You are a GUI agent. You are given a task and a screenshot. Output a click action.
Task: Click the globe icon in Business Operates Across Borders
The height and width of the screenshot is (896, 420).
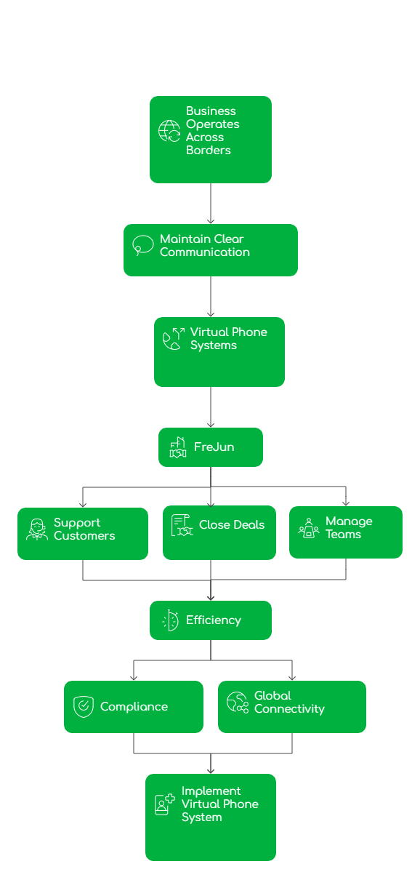pyautogui.click(x=169, y=131)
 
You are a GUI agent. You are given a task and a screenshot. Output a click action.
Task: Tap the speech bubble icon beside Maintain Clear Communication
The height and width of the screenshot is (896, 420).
pyautogui.click(x=142, y=245)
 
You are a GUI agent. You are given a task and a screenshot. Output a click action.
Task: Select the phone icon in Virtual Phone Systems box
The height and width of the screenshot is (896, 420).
pyautogui.click(x=173, y=339)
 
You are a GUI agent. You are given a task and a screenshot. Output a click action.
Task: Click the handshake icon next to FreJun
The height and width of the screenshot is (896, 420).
pyautogui.click(x=177, y=447)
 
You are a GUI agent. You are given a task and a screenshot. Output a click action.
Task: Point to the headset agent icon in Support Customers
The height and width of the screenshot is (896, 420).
pyautogui.click(x=36, y=529)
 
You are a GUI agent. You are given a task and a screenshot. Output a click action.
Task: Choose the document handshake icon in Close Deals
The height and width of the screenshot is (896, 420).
pyautogui.click(x=182, y=525)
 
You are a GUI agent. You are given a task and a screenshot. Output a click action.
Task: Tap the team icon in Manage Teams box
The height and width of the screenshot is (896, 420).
pyautogui.click(x=309, y=528)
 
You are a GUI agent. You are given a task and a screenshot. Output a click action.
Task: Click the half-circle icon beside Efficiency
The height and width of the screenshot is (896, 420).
pyautogui.click(x=170, y=620)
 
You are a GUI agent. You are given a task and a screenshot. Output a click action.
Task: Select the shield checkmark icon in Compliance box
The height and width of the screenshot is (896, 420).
pyautogui.click(x=84, y=707)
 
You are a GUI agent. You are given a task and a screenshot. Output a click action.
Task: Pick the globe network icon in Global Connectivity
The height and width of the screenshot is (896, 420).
pyautogui.click(x=237, y=703)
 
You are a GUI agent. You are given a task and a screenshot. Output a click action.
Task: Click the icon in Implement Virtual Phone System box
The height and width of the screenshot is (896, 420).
pyautogui.click(x=164, y=804)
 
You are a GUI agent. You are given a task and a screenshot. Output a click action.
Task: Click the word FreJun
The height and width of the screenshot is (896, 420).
pyautogui.click(x=214, y=447)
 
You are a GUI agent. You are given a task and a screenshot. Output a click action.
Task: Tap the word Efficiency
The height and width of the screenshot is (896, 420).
pyautogui.click(x=213, y=620)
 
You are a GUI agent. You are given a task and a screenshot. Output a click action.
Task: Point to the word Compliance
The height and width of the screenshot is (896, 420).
pyautogui.click(x=134, y=707)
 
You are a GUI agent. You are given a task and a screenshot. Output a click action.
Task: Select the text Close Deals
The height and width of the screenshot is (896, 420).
pyautogui.click(x=232, y=525)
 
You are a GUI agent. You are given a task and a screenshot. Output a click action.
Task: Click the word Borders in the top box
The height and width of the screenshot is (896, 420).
pyautogui.click(x=208, y=151)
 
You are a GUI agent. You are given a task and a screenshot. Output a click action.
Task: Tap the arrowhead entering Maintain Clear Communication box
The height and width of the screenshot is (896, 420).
pyautogui.click(x=211, y=220)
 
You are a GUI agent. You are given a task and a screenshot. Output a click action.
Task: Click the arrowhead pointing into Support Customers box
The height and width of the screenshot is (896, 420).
pyautogui.click(x=83, y=503)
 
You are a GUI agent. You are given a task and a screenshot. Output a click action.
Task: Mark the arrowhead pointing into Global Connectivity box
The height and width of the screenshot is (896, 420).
pyautogui.click(x=292, y=677)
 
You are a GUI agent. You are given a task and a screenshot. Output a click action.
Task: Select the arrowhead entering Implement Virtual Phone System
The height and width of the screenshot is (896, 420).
pyautogui.click(x=211, y=770)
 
